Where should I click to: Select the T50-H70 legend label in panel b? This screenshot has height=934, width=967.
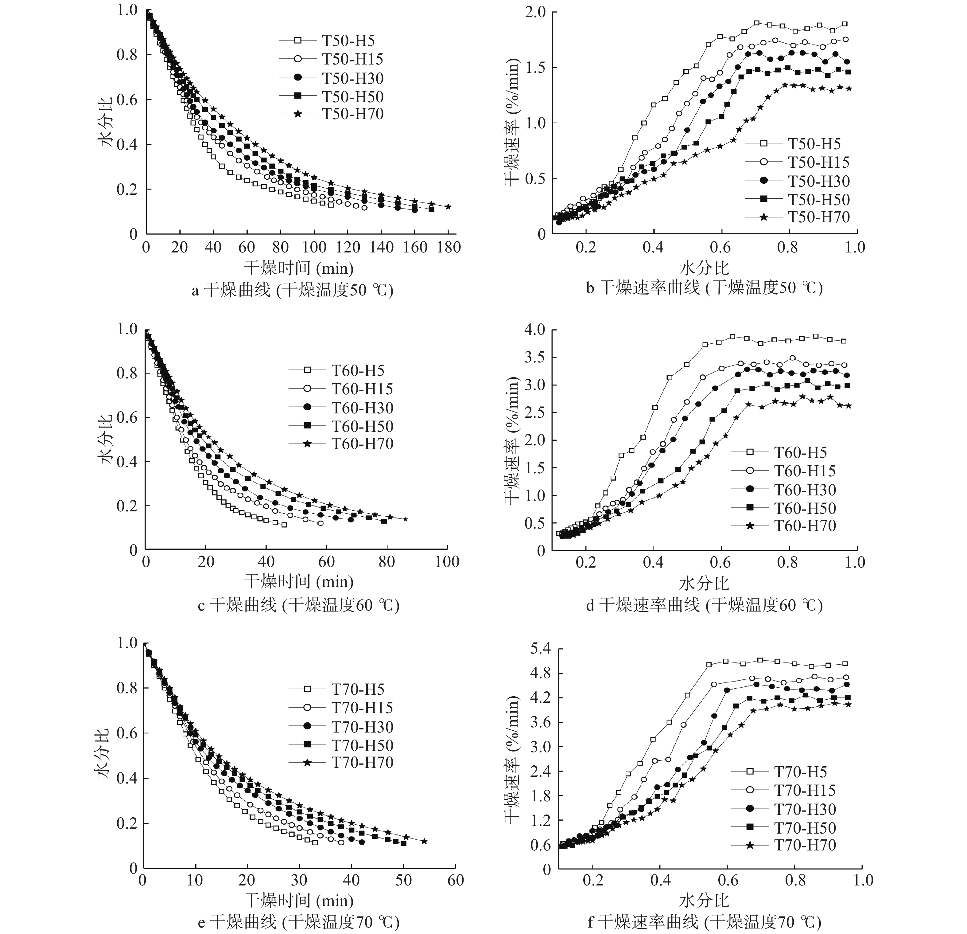point(818,217)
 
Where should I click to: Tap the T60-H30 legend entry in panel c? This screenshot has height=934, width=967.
point(362,408)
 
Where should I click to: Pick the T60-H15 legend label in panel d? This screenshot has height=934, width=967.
point(805,471)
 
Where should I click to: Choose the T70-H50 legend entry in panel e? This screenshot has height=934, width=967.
point(362,745)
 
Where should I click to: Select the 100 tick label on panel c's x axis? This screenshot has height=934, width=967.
point(447,562)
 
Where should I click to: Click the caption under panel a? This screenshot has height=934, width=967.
point(292,289)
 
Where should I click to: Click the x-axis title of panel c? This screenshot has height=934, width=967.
point(298,581)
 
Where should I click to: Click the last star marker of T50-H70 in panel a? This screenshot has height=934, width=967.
point(448,207)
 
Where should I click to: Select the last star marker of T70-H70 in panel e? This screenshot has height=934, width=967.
point(424,841)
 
